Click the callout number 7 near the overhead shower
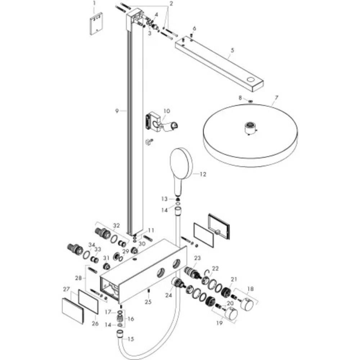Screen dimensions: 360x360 276,98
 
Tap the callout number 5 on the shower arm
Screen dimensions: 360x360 232,50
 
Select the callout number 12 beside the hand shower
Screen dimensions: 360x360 203,174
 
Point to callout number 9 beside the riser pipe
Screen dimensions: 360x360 117,111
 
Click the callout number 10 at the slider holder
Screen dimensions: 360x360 167,111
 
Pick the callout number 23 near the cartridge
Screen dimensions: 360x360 197,258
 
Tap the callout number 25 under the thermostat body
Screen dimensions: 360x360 148,302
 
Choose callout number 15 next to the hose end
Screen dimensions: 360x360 131,339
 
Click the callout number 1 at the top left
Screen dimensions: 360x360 94,3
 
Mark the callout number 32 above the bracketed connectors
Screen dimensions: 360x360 116,226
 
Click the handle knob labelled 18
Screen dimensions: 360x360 247,304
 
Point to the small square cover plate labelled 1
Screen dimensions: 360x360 96,23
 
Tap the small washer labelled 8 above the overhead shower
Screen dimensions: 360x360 250,101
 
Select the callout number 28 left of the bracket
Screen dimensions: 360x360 78,278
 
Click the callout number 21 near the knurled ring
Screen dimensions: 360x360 234,279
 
